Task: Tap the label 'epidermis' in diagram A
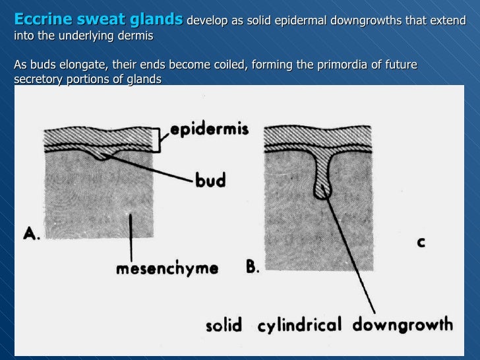[x=209, y=130]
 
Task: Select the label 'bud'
[x=210, y=179]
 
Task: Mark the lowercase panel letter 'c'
[x=420, y=243]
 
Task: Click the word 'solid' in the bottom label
[x=224, y=324]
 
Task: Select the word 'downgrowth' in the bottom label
[x=404, y=324]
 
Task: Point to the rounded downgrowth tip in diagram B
[x=322, y=191]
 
